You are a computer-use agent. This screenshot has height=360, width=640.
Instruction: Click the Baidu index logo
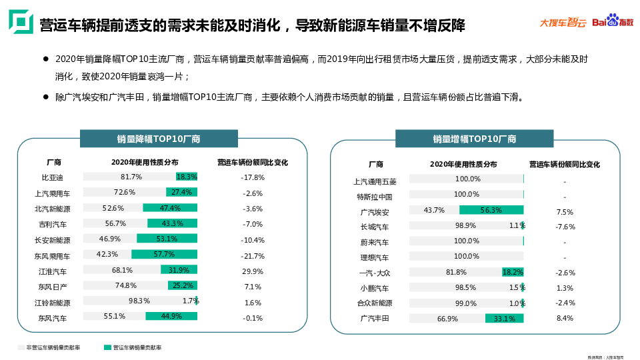[618, 22]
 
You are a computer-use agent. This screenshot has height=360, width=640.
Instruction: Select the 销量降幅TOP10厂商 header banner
[159, 139]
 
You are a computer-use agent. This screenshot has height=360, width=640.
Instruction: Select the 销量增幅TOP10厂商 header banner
[474, 139]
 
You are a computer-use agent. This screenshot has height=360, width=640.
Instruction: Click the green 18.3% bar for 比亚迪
[187, 177]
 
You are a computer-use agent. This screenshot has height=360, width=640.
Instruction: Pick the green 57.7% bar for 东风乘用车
[164, 254]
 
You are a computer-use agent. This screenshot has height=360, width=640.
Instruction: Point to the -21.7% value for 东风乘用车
[253, 255]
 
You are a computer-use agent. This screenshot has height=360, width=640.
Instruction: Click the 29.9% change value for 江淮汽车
[253, 271]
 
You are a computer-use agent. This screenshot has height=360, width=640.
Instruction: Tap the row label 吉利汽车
[53, 224]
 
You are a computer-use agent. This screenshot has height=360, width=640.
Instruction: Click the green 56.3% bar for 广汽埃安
[491, 210]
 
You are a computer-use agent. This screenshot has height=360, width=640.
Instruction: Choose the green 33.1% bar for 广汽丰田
[505, 319]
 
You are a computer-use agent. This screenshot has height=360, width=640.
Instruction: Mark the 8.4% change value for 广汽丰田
[564, 318]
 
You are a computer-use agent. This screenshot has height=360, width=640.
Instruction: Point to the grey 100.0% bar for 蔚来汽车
[467, 241]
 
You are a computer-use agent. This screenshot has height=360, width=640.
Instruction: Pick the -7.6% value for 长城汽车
[565, 227]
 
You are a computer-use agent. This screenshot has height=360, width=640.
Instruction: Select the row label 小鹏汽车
[375, 288]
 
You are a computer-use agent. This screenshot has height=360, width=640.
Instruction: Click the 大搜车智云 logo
[563, 23]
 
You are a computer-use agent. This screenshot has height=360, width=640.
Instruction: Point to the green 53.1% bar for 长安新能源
[167, 239]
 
